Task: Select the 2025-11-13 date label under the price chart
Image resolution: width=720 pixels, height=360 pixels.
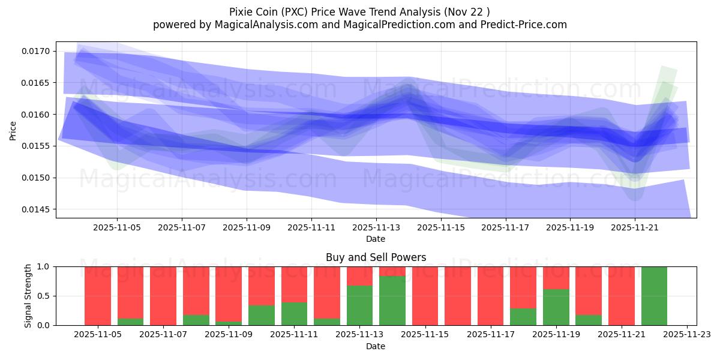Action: (376, 228)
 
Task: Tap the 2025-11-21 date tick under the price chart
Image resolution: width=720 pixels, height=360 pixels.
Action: (635, 228)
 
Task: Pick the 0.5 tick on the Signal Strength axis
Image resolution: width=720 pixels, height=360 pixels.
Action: (44, 296)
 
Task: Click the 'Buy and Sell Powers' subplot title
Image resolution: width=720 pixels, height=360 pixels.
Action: (376, 257)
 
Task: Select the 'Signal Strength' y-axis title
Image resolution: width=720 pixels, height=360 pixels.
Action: (28, 296)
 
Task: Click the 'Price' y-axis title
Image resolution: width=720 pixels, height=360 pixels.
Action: (13, 130)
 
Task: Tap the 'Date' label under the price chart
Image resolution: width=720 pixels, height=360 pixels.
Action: (376, 239)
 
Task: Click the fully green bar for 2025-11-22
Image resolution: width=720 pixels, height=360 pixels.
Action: (654, 296)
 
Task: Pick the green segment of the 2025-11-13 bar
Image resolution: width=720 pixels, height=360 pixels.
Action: (359, 305)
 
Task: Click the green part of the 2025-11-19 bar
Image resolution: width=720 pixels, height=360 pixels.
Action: (556, 307)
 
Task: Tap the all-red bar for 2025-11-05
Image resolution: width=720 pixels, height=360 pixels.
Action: (98, 296)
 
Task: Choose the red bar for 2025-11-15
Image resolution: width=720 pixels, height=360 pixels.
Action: (425, 296)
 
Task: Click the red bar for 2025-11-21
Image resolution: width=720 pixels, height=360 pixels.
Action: (621, 296)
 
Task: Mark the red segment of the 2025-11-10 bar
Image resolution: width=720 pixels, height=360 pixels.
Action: (262, 286)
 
